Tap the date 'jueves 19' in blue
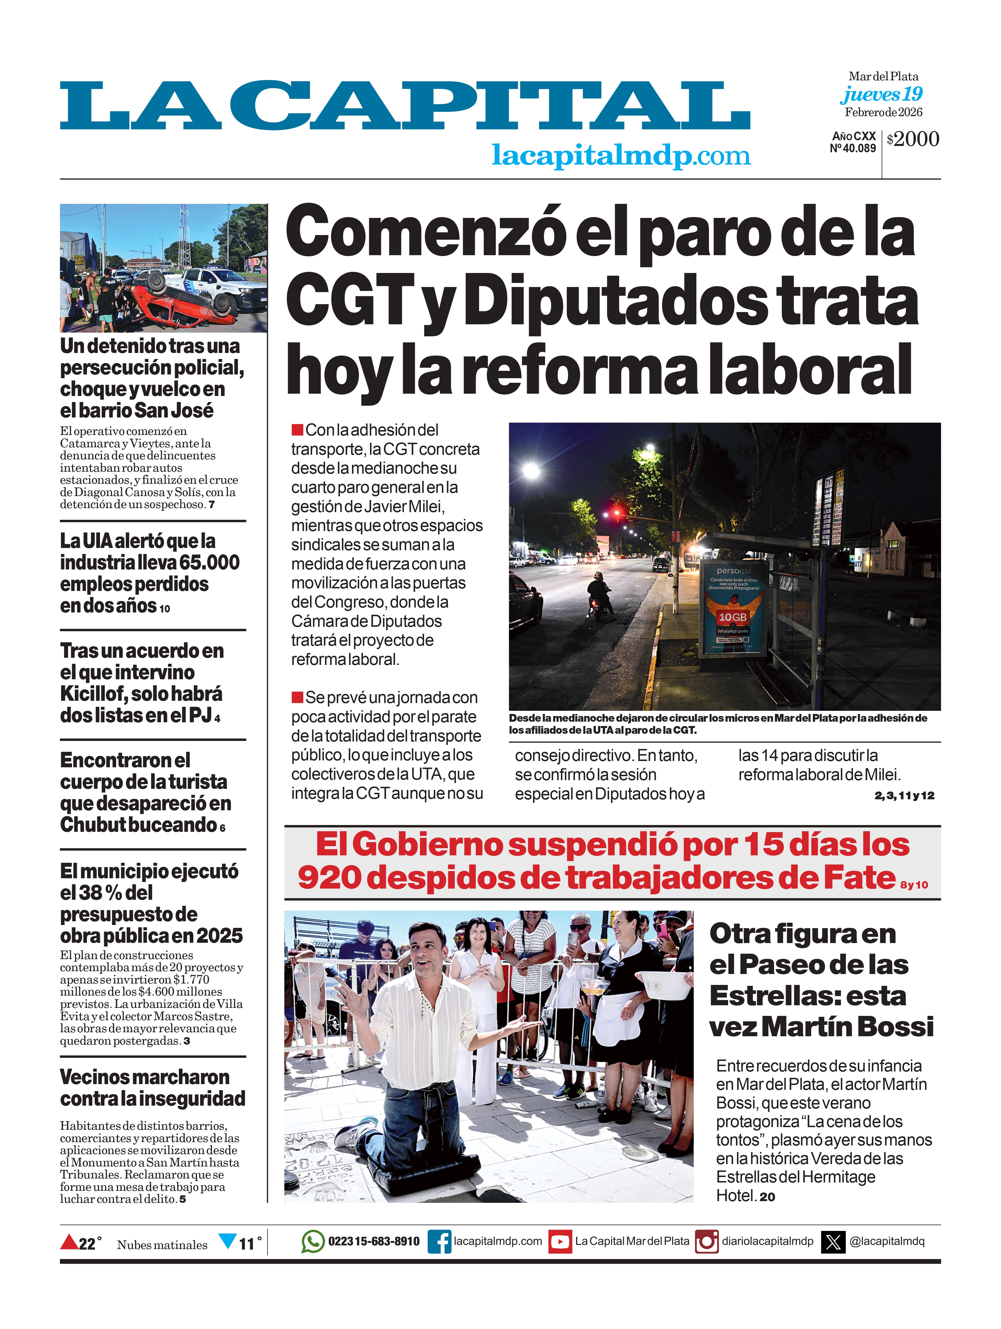[881, 94]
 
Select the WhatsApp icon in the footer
[313, 1241]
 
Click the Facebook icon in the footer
[439, 1241]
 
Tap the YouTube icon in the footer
[560, 1241]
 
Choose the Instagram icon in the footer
[706, 1241]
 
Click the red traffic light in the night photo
[616, 512]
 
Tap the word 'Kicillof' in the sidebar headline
[93, 694]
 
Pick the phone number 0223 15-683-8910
[373, 1241]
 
